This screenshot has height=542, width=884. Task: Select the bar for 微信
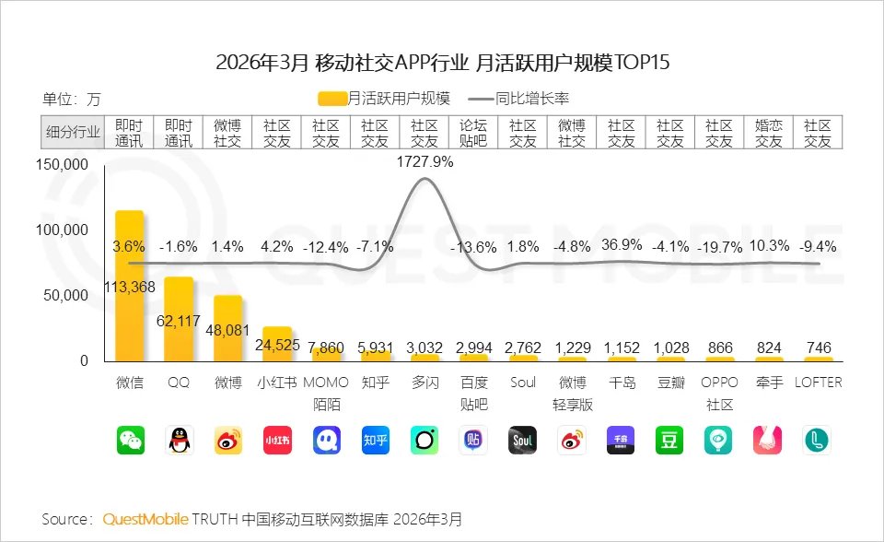pos(129,286)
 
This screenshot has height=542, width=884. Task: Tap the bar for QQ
pos(179,318)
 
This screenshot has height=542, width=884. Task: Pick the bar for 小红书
pos(277,343)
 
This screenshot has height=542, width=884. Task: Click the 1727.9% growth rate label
pos(425,161)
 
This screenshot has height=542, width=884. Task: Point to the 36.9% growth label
pos(622,246)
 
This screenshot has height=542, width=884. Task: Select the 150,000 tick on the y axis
pos(63,165)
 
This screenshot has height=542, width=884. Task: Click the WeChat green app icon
pos(130,440)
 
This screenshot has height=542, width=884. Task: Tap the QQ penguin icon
pos(179,440)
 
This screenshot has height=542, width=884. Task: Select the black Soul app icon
pos(522,440)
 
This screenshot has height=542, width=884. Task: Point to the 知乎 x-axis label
pos(375,382)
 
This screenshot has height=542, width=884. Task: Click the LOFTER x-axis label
pos(818,382)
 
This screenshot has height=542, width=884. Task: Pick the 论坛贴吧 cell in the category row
pos(473,133)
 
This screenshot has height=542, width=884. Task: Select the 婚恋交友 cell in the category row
pos(769,133)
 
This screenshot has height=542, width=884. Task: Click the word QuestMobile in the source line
pos(145,520)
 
